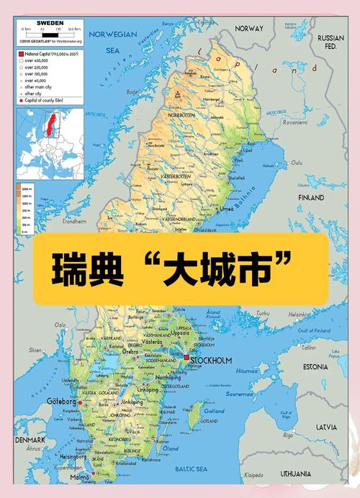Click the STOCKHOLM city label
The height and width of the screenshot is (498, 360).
(x=212, y=360)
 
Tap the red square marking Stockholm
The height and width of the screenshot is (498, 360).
(x=186, y=358)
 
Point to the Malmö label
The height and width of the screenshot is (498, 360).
(x=81, y=477)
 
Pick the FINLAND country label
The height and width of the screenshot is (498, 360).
(x=311, y=196)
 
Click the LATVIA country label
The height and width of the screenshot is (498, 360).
(x=325, y=427)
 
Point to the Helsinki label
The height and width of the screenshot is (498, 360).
(x=297, y=314)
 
